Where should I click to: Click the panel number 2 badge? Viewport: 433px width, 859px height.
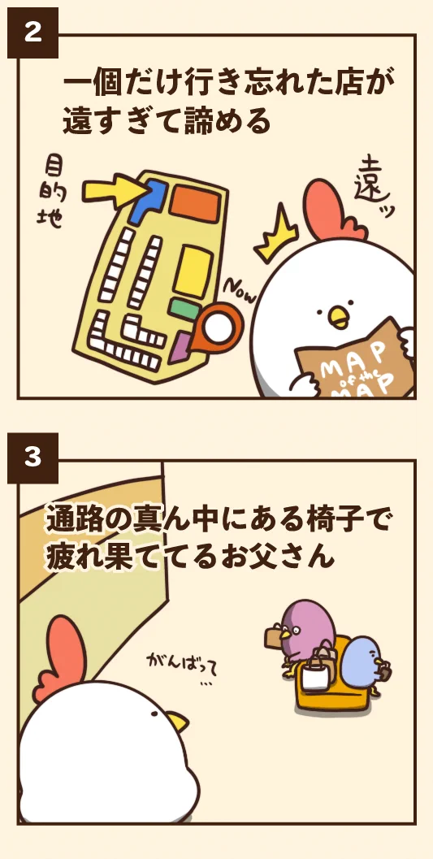pos(32,33)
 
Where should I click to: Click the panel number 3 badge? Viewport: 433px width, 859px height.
pos(32,458)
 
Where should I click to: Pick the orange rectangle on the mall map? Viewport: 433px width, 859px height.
pos(196,203)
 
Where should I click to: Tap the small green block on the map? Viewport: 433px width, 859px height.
pos(184,309)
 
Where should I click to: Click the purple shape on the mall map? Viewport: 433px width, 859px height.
pos(180,347)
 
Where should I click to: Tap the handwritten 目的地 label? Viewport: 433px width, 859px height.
pos(53,192)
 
